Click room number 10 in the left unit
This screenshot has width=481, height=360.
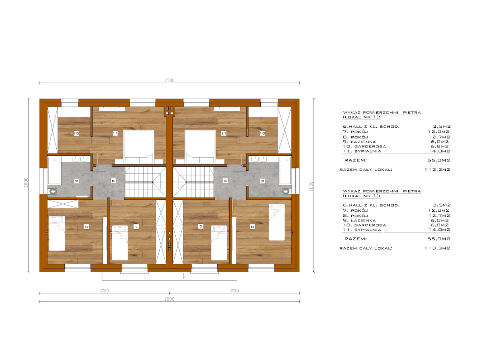point(77,133)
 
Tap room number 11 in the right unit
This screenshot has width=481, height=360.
point(224,133)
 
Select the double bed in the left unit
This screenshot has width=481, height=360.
point(139,146)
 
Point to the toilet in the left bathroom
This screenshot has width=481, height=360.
point(53,191)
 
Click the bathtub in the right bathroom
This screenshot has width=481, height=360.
point(285,171)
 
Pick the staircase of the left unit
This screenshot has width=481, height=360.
point(145,182)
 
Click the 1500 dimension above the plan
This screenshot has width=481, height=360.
point(169,80)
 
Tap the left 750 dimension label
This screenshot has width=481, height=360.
point(105,291)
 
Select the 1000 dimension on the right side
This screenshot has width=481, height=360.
point(311,186)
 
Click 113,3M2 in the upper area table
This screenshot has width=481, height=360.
point(437,169)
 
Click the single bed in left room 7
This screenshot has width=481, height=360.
point(120,243)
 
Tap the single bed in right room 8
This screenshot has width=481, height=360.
point(277,222)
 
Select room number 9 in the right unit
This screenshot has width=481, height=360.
point(262,181)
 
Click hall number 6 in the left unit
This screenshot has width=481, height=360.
point(113,181)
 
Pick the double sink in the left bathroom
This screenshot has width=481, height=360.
point(80,159)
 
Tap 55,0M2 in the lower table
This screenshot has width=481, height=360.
point(439,239)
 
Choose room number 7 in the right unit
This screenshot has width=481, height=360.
point(201,226)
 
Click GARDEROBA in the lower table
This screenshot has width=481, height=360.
point(370,225)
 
